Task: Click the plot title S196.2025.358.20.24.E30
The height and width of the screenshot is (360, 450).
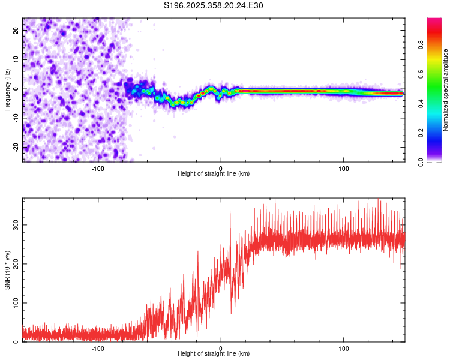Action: (x=214, y=5)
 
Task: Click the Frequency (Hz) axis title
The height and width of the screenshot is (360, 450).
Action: (x=7, y=89)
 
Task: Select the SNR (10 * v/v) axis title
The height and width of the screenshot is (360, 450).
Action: (x=7, y=270)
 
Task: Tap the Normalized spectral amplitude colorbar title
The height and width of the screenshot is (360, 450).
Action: (x=446, y=91)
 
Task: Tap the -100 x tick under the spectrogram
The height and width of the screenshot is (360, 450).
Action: (x=97, y=169)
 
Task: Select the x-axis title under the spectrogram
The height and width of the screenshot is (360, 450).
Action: (x=214, y=174)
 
